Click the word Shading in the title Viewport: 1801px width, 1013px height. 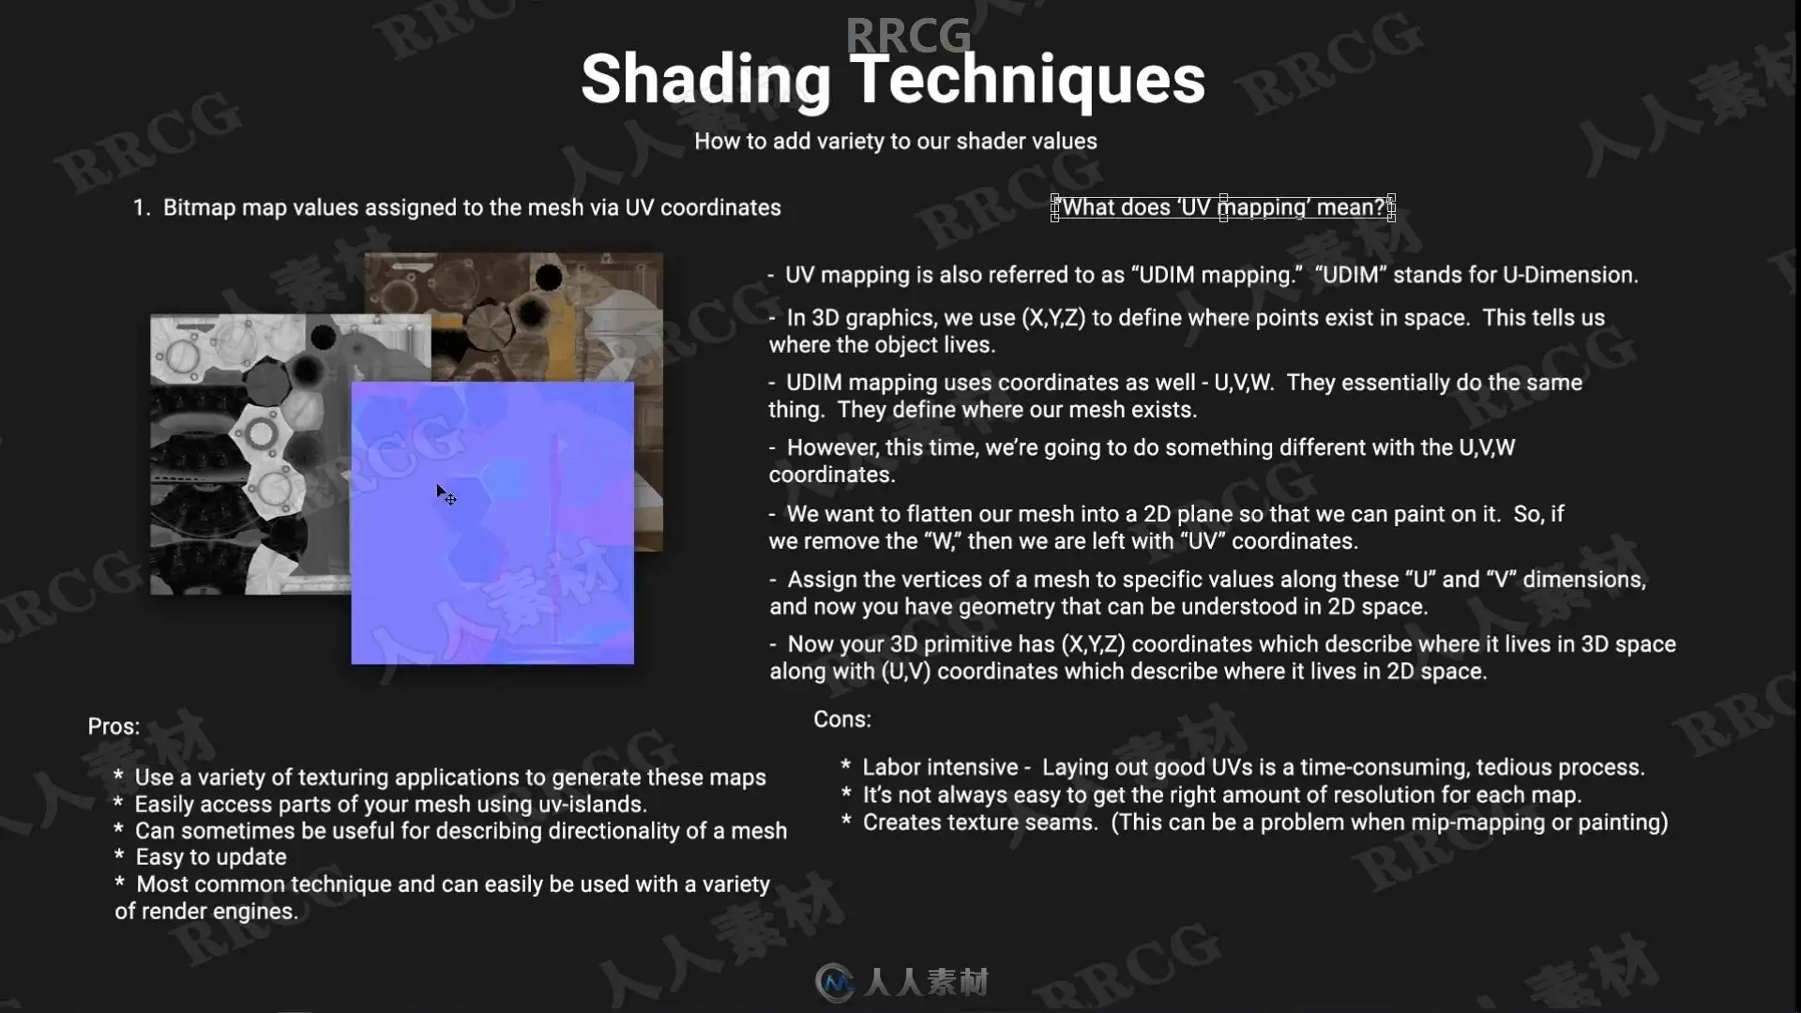(x=705, y=82)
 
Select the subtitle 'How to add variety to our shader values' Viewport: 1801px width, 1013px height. (x=896, y=142)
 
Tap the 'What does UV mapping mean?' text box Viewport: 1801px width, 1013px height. (x=1223, y=207)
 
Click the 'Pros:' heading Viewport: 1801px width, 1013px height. (x=114, y=727)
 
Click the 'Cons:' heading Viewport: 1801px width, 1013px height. (x=842, y=719)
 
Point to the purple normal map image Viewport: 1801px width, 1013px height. (x=492, y=522)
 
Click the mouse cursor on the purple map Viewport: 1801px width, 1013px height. (x=445, y=494)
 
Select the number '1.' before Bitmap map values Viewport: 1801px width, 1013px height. (x=142, y=208)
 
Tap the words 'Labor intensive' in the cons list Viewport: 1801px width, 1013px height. (x=940, y=767)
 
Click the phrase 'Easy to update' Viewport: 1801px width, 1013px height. (x=211, y=857)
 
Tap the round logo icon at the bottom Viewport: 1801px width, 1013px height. (x=836, y=982)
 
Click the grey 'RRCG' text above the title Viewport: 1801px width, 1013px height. (x=908, y=36)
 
